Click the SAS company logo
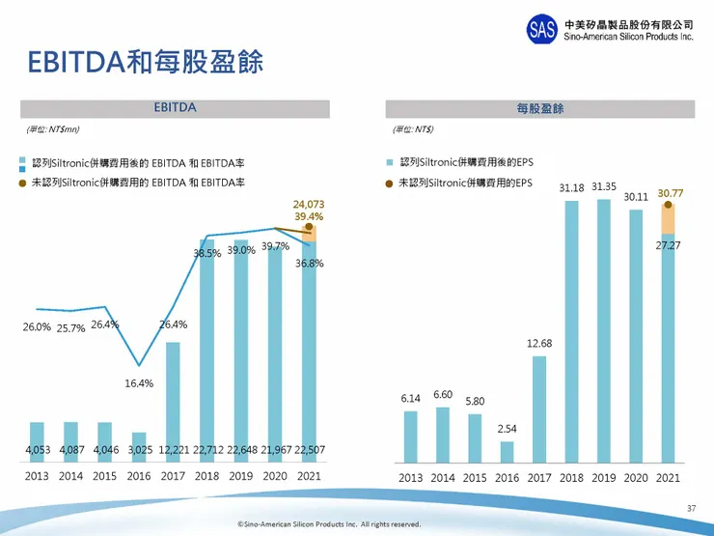tap(542, 29)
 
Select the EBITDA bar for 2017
tap(174, 401)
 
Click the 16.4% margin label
tap(139, 383)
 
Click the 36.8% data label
tap(310, 263)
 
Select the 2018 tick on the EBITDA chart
tap(206, 476)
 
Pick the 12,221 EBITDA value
tap(174, 448)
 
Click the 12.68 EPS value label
tap(539, 343)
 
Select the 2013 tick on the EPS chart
tap(410, 477)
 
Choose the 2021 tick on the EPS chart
tap(667, 477)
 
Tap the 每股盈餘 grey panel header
tap(539, 109)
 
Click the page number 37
tap(690, 508)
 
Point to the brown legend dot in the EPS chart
tap(390, 183)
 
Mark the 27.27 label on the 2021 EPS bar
tap(668, 246)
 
